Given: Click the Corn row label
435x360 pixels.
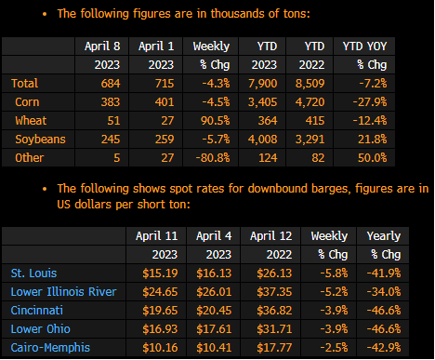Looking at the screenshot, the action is [x=27, y=102].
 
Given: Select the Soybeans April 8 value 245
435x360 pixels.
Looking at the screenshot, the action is [x=111, y=140].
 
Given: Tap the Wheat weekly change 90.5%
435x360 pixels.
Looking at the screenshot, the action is [x=216, y=121].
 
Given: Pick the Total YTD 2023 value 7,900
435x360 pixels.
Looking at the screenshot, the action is [x=263, y=84].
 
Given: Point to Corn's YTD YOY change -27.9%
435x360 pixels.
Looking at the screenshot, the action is [x=370, y=102].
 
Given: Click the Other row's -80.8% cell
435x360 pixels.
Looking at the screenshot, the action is [x=213, y=158].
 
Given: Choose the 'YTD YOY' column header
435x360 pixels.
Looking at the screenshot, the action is [x=364, y=47].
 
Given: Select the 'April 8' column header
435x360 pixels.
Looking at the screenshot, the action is [x=102, y=47].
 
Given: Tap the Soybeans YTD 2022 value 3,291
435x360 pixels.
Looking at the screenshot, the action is [x=310, y=140].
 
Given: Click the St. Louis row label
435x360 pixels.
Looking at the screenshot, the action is [x=33, y=273].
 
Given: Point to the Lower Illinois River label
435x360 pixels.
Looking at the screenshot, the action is [x=63, y=292].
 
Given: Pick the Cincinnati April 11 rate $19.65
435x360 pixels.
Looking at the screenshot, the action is [x=160, y=311].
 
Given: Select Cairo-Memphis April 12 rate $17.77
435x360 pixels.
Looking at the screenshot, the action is [x=274, y=348].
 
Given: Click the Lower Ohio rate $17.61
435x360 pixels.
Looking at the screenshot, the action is [x=214, y=329].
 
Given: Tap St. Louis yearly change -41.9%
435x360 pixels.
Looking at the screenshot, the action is [x=384, y=273].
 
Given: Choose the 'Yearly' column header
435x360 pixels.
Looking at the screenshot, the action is [x=384, y=236].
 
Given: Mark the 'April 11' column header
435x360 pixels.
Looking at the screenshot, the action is [x=157, y=236].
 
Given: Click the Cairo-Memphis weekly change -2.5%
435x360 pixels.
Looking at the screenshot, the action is [x=334, y=348].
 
